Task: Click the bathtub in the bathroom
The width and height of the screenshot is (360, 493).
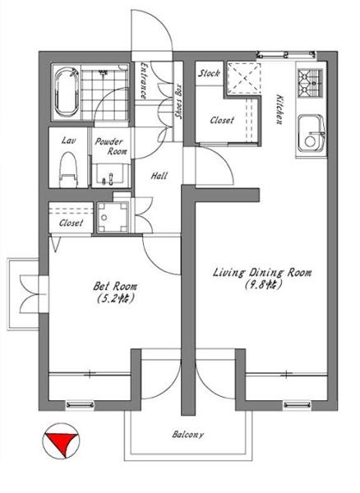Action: (67, 92)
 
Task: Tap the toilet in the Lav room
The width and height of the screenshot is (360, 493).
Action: (68, 170)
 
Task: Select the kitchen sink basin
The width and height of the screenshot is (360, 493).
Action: (311, 132)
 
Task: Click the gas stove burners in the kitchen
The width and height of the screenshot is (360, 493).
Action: (311, 83)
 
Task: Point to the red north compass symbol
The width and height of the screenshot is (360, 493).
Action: (61, 440)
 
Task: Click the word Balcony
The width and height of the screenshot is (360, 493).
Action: (187, 435)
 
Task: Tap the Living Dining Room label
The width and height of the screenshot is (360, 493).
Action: (262, 272)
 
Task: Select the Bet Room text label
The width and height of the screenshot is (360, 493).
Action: (115, 287)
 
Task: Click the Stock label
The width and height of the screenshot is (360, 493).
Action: (209, 74)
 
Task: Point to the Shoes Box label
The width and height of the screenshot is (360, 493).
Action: (178, 101)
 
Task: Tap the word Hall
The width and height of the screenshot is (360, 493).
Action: (159, 176)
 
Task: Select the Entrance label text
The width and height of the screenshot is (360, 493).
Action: (143, 81)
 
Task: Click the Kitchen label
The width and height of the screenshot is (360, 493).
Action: (279, 108)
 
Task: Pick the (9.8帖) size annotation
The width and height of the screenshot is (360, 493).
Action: (262, 284)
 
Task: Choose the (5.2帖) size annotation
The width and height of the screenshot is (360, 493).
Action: (116, 297)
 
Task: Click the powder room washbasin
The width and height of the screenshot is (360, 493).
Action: (110, 176)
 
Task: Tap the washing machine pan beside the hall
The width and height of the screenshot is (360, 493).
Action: (113, 217)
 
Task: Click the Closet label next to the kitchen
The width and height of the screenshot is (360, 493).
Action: (222, 120)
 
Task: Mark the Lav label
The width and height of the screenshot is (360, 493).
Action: (68, 141)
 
